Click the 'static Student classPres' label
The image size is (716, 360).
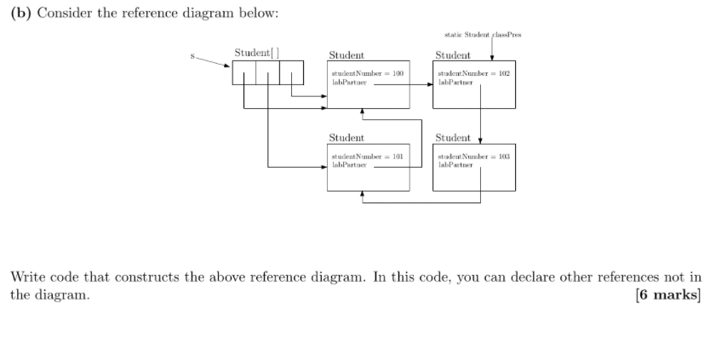click(483, 35)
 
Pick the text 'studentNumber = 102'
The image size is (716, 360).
click(473, 74)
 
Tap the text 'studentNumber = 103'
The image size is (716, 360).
click(473, 157)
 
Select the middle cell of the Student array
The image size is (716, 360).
click(268, 73)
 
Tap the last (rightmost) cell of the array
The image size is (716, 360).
click(292, 73)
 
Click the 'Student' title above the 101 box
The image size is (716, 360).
click(347, 138)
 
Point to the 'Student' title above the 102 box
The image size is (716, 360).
click(453, 54)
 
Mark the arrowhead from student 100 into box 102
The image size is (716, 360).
click(428, 84)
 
